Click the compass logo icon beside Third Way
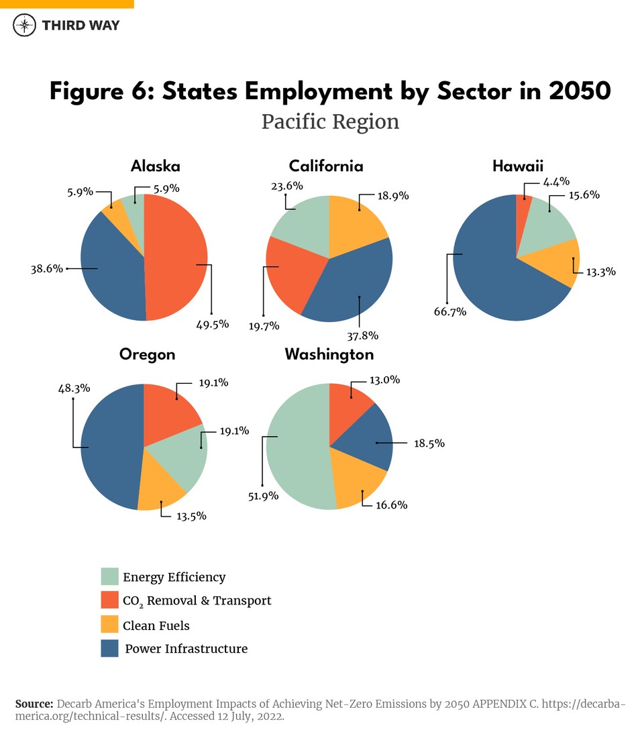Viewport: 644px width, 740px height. (25, 25)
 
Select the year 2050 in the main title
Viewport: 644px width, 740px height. (580, 91)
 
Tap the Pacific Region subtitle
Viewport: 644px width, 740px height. (330, 122)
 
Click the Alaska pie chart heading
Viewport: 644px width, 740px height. (155, 166)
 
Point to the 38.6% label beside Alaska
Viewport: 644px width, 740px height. (46, 268)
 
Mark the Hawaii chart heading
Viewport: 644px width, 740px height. (517, 166)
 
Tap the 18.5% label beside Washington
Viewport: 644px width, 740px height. (428, 443)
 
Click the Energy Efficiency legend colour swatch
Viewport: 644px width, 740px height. (110, 576)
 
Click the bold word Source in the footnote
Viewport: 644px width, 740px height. (34, 704)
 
